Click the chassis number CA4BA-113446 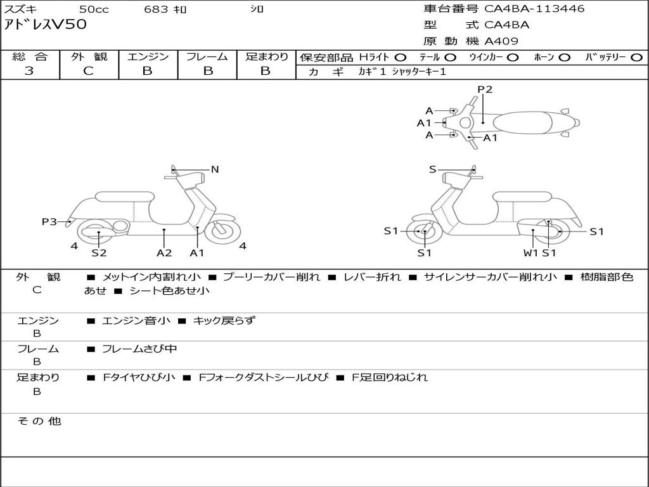click(x=534, y=9)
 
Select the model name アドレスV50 click(x=45, y=25)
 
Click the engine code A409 click(x=501, y=42)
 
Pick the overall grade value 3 click(x=29, y=71)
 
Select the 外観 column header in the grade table click(x=89, y=57)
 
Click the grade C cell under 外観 click(x=89, y=71)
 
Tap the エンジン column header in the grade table click(x=148, y=57)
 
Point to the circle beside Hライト click(x=401, y=58)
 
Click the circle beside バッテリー click(x=637, y=58)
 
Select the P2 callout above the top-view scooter click(x=485, y=89)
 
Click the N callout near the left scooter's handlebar click(x=215, y=169)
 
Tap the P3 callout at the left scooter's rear click(x=49, y=221)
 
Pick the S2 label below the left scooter click(x=99, y=253)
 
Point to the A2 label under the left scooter click(x=164, y=253)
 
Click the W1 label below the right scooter click(x=530, y=253)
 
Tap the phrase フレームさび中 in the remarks click(x=139, y=349)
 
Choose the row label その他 click(x=39, y=421)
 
